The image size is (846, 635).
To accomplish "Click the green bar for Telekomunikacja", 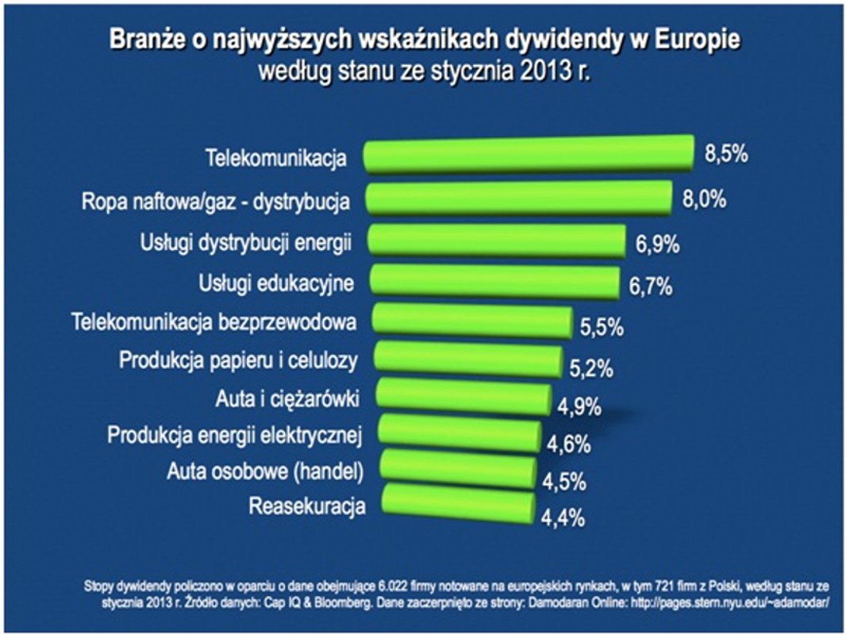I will [528, 153].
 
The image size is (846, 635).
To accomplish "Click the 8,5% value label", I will [726, 154].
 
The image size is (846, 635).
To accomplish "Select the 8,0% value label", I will [704, 198].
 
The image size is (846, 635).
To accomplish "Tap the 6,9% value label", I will [657, 244].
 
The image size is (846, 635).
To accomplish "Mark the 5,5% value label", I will [602, 326].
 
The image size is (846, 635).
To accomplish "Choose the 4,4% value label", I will [563, 518].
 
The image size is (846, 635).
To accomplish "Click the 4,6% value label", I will [568, 444].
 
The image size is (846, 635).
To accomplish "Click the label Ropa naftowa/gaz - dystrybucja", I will [216, 200].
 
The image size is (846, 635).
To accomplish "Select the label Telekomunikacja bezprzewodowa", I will [213, 322].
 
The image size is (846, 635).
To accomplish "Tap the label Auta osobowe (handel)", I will [265, 471].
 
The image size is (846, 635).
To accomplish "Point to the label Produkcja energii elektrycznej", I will [234, 435].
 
